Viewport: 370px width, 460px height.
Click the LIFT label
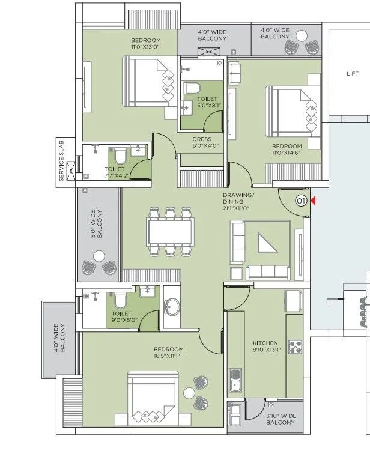(x=353, y=74)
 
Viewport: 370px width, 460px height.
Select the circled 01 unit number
(x=302, y=201)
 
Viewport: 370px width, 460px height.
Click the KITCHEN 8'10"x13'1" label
(x=267, y=347)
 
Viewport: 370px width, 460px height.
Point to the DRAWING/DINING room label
(x=239, y=199)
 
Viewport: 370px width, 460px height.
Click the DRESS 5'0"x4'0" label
(x=202, y=142)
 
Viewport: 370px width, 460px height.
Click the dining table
(x=171, y=231)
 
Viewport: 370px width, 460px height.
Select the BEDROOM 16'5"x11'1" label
(x=168, y=353)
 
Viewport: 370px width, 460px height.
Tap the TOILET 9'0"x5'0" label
(x=121, y=317)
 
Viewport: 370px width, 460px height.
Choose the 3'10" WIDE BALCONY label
(x=281, y=419)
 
